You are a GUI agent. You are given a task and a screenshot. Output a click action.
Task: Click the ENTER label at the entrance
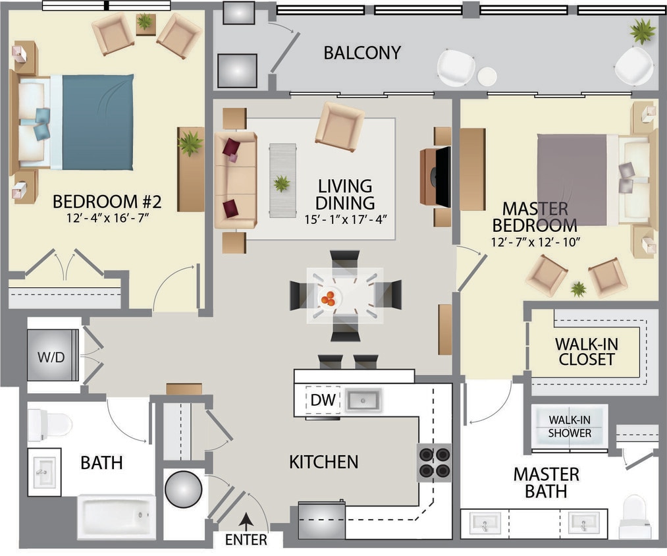tap(246, 540)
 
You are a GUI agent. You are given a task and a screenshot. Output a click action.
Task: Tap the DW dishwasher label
tap(323, 400)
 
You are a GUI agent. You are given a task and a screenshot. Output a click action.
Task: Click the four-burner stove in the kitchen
tap(435, 462)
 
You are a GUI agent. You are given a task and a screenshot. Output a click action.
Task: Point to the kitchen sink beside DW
tap(365, 400)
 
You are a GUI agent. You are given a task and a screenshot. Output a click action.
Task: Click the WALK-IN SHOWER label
tap(570, 426)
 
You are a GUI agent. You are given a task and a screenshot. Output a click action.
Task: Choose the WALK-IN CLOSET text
tap(585, 352)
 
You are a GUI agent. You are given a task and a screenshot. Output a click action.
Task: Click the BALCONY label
tap(362, 53)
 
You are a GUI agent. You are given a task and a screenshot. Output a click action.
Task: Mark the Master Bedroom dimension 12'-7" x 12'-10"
tap(535, 242)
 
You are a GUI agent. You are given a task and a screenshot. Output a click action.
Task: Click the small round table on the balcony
tap(487, 76)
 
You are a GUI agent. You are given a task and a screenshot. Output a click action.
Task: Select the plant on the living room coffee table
tap(282, 183)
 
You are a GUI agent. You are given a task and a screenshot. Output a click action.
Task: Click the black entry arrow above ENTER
tap(246, 520)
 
